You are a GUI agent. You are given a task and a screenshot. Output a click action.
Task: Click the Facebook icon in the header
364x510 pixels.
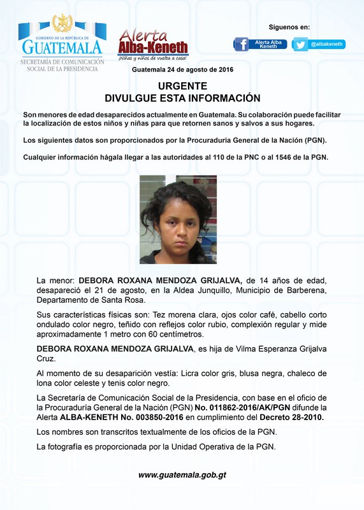click(241, 44)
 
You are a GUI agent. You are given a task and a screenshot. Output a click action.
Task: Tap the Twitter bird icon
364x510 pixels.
click(300, 45)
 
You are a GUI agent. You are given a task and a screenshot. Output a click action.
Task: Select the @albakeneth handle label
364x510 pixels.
click(328, 44)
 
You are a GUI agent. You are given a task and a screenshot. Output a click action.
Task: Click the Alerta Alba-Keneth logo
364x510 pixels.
click(153, 45)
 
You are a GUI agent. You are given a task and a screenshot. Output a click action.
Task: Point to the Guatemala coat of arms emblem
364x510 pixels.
click(62, 24)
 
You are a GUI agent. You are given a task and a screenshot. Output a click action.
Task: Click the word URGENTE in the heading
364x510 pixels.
click(182, 85)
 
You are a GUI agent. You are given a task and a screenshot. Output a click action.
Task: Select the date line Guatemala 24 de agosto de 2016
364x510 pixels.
click(182, 69)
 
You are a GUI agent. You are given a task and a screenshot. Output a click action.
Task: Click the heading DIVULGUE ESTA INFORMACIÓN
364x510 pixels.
click(182, 98)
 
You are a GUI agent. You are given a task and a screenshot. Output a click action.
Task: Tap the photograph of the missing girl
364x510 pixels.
click(178, 219)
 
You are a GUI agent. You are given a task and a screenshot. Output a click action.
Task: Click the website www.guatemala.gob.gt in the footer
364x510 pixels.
click(182, 475)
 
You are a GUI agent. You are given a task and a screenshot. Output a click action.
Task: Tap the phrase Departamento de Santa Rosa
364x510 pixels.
click(91, 300)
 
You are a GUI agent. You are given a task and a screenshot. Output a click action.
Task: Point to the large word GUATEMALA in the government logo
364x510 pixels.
click(62, 47)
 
